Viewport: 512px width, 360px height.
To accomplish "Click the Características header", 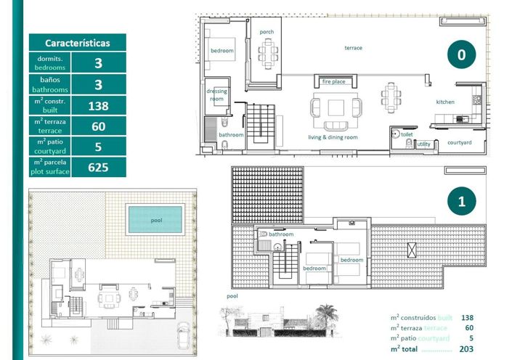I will click(x=78, y=43).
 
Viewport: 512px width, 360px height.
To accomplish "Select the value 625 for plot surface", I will click(x=98, y=168).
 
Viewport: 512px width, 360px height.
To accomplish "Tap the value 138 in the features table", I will click(x=98, y=106).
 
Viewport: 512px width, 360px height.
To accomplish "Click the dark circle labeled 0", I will click(x=461, y=54).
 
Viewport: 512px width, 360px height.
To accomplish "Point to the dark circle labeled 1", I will click(x=461, y=202).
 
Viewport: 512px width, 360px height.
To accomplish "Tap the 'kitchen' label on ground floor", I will click(x=445, y=102).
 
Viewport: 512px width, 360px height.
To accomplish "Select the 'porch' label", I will click(x=267, y=32).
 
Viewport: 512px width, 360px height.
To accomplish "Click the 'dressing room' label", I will click(x=216, y=95).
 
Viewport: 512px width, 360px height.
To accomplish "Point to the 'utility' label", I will click(x=423, y=144).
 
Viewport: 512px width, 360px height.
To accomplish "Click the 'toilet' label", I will click(x=407, y=135).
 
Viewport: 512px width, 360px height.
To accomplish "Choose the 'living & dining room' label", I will click(x=333, y=137).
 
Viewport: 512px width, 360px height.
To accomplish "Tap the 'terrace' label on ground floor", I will click(x=353, y=48).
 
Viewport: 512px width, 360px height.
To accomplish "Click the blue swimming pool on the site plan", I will click(x=154, y=218).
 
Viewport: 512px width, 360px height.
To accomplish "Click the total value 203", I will click(x=467, y=348).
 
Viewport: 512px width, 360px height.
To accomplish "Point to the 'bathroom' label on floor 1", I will click(x=281, y=234).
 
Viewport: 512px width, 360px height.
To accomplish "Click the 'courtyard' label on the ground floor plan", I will click(x=459, y=142).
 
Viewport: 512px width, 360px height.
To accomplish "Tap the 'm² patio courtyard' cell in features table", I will click(x=50, y=147).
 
